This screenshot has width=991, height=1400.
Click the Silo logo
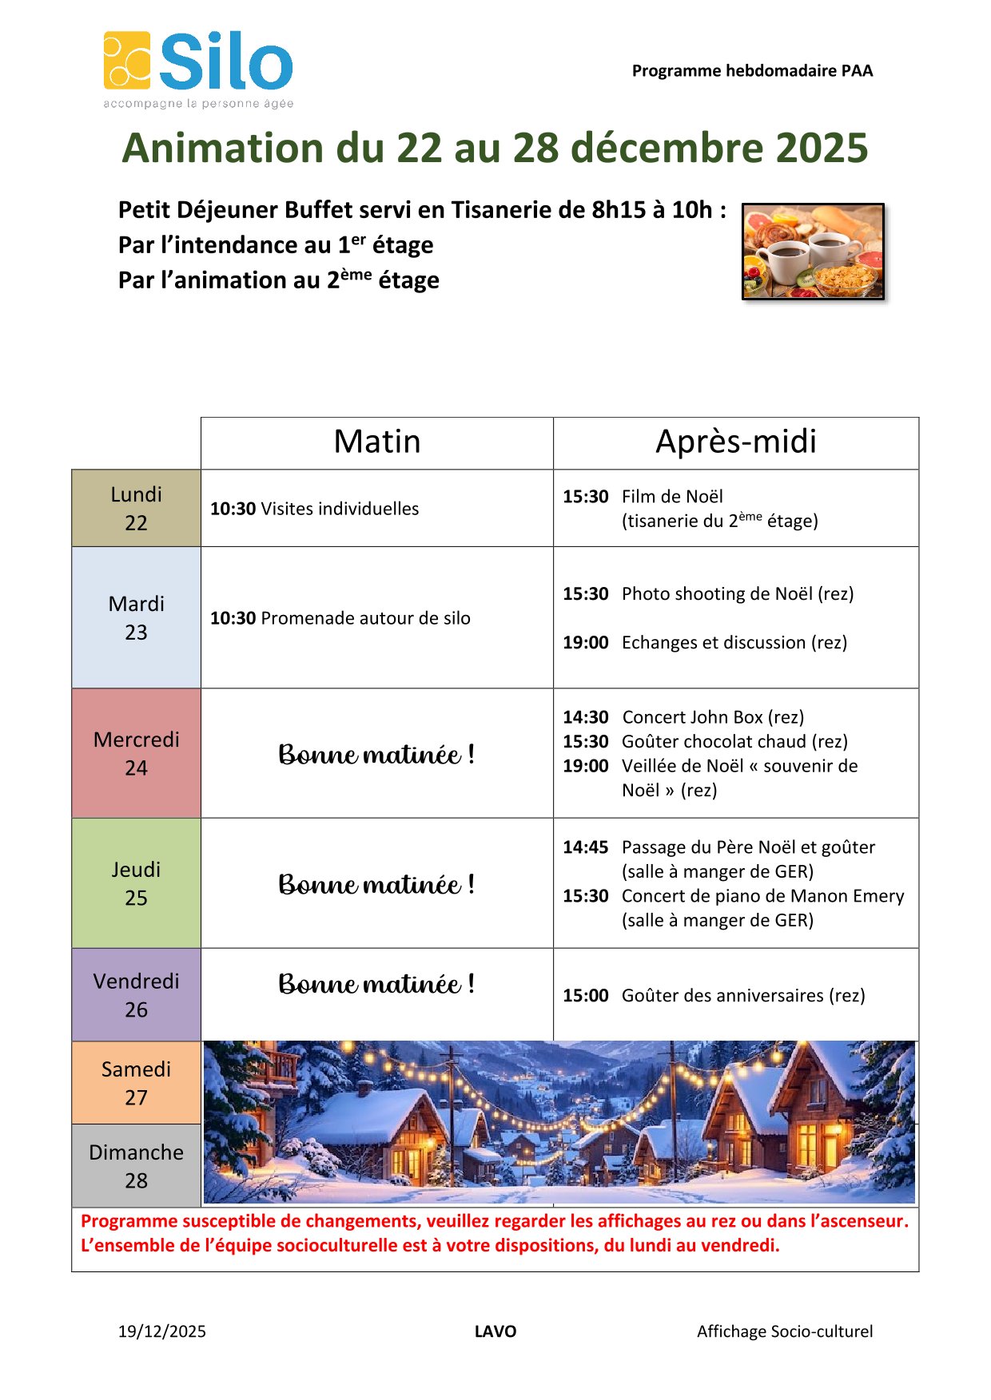(x=198, y=69)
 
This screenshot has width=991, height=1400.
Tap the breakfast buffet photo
(x=813, y=252)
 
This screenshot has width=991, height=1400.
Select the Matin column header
(x=376, y=442)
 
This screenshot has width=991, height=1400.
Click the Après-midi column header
(x=735, y=442)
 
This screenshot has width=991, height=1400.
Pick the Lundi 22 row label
(x=136, y=508)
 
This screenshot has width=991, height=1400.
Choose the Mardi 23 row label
(x=136, y=617)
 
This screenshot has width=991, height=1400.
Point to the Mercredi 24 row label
(x=136, y=753)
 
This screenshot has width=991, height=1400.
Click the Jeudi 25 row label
(x=136, y=883)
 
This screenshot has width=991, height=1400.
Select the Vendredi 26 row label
(x=136, y=995)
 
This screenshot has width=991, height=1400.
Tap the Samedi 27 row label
(x=136, y=1083)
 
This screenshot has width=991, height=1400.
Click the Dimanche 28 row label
(x=136, y=1166)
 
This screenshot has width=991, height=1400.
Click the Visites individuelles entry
(x=340, y=509)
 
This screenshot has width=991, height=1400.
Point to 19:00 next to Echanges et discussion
(x=585, y=643)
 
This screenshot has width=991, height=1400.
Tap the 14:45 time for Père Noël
(x=585, y=847)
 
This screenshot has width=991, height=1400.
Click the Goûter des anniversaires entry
(x=742, y=996)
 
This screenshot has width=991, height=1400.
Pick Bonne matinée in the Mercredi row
(x=376, y=755)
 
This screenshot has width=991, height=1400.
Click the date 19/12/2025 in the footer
(x=162, y=1331)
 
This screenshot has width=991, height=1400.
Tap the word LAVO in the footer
(x=495, y=1331)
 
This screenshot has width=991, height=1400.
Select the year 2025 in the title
(x=822, y=148)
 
